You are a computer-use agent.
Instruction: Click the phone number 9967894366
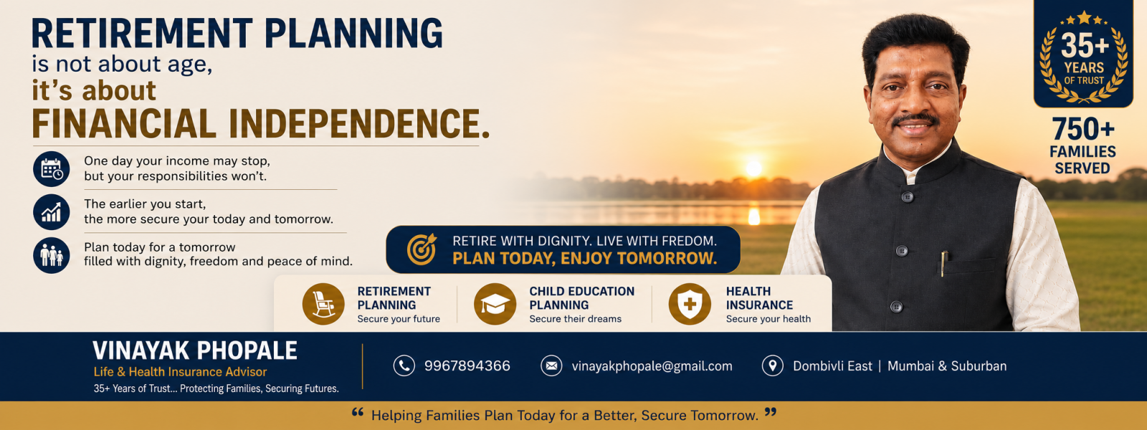pos(467,366)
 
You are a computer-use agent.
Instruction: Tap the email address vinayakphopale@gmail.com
pos(652,366)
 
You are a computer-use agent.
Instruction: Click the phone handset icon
pos(404,365)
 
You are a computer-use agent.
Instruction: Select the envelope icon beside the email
pos(551,365)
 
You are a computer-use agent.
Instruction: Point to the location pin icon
pos(773,365)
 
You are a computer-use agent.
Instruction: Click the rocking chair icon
pos(323,304)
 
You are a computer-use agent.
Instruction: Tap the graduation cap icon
pos(495,304)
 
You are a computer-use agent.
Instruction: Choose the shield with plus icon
pos(690,304)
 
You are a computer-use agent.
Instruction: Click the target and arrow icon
pos(422,249)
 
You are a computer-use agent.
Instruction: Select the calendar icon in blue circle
pos(51,169)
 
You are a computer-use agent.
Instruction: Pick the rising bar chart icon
pos(51,212)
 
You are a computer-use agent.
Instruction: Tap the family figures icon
pos(51,255)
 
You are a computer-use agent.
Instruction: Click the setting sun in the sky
pos(753,168)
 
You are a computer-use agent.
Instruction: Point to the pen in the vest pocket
pos(943,264)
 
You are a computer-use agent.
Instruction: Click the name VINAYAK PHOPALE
pos(194,350)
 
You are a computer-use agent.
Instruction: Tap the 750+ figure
pos(1083,129)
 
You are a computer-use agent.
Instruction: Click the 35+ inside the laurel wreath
pos(1084,46)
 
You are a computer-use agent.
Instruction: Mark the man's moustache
pos(915,120)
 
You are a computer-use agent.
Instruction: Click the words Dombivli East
pos(832,366)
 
